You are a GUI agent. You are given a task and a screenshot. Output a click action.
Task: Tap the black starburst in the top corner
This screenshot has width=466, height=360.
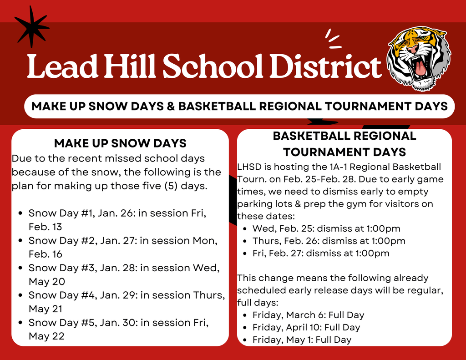click(31, 26)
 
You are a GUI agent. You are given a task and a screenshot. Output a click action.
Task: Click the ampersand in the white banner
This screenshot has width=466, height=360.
click(170, 106)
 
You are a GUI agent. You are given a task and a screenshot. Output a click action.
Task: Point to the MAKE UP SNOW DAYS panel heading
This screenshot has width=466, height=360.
click(120, 143)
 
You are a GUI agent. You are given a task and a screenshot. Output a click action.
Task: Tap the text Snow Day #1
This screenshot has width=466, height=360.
click(55, 213)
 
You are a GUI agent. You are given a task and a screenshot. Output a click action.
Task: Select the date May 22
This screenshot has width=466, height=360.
click(46, 336)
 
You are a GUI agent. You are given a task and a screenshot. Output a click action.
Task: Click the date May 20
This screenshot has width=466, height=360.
click(46, 281)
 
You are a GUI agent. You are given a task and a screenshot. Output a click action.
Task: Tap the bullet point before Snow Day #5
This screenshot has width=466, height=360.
click(20, 322)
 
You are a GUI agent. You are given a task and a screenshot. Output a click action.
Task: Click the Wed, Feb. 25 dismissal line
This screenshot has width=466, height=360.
click(326, 228)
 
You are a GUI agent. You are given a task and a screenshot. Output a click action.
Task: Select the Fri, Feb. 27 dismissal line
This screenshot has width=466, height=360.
click(321, 253)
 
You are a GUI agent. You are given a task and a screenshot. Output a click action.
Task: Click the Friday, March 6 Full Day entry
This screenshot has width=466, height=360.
click(308, 315)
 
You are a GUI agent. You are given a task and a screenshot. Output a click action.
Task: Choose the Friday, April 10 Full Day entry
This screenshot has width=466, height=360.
click(306, 327)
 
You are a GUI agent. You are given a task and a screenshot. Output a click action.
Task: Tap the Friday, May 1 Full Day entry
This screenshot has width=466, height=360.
click(302, 340)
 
